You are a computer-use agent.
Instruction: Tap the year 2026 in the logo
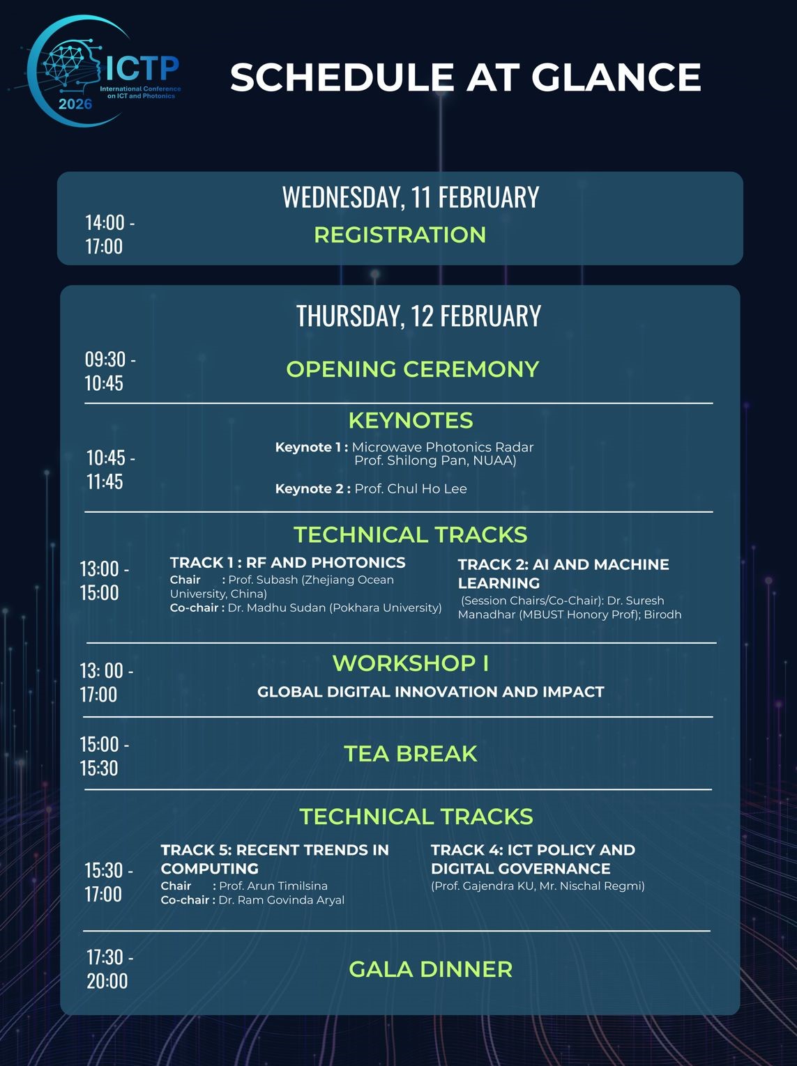tap(75, 104)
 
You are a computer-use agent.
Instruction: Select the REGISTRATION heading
tap(400, 235)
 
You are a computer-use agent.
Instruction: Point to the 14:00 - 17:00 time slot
tap(110, 235)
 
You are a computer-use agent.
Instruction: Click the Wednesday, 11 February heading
tap(411, 196)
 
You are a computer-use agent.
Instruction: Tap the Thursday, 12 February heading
tap(418, 316)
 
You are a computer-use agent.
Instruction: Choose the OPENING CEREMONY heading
tap(413, 369)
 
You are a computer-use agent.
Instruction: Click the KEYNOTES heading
tap(411, 421)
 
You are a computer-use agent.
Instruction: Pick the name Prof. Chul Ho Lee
tap(411, 488)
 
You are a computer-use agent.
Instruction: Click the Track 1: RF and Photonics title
tap(288, 562)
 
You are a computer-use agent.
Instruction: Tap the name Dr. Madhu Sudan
tap(277, 608)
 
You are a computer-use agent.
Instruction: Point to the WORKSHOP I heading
tap(411, 663)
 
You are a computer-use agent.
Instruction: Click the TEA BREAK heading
tap(411, 754)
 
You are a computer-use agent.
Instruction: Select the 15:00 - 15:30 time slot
tap(105, 756)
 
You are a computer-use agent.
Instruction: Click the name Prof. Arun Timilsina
tap(273, 886)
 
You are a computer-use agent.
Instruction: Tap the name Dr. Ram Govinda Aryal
tap(282, 900)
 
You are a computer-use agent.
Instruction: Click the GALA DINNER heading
tap(430, 969)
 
